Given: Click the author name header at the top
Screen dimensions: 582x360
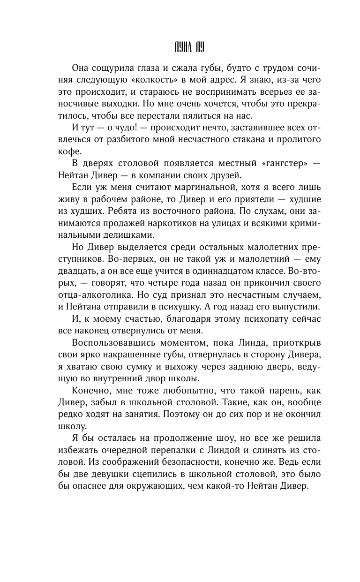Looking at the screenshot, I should click(180, 47).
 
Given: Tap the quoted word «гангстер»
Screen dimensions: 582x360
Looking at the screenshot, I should click(281, 162).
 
